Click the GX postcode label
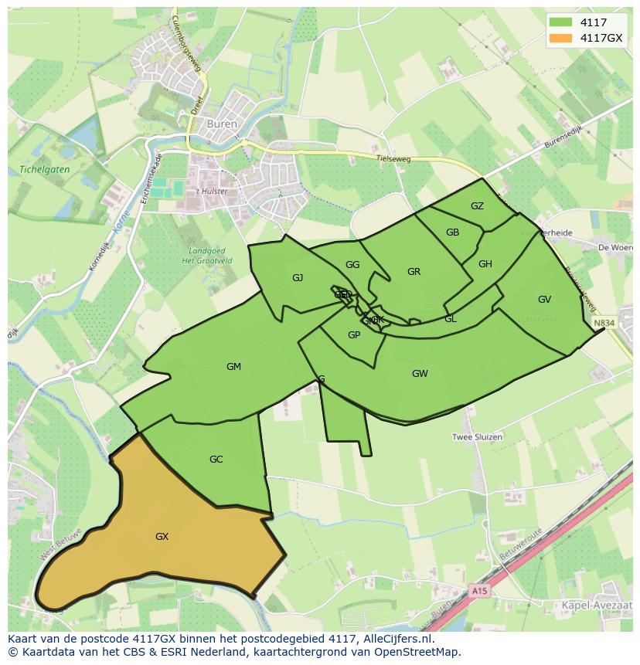[x=162, y=536]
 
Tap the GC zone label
[x=216, y=460]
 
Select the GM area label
[x=233, y=367]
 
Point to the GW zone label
[x=420, y=374]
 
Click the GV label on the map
[x=544, y=300]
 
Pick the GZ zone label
[x=477, y=206]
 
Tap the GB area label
[x=452, y=232]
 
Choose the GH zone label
[x=485, y=264]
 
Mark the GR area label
[x=414, y=272]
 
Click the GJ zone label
[x=298, y=278]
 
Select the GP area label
[x=354, y=335]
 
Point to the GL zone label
[x=450, y=319]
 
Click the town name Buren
[x=224, y=124]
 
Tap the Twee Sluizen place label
[x=477, y=437]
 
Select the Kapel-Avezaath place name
[x=597, y=607]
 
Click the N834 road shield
[x=604, y=323]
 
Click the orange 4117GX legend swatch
[x=561, y=38]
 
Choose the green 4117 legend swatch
[x=561, y=22]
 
